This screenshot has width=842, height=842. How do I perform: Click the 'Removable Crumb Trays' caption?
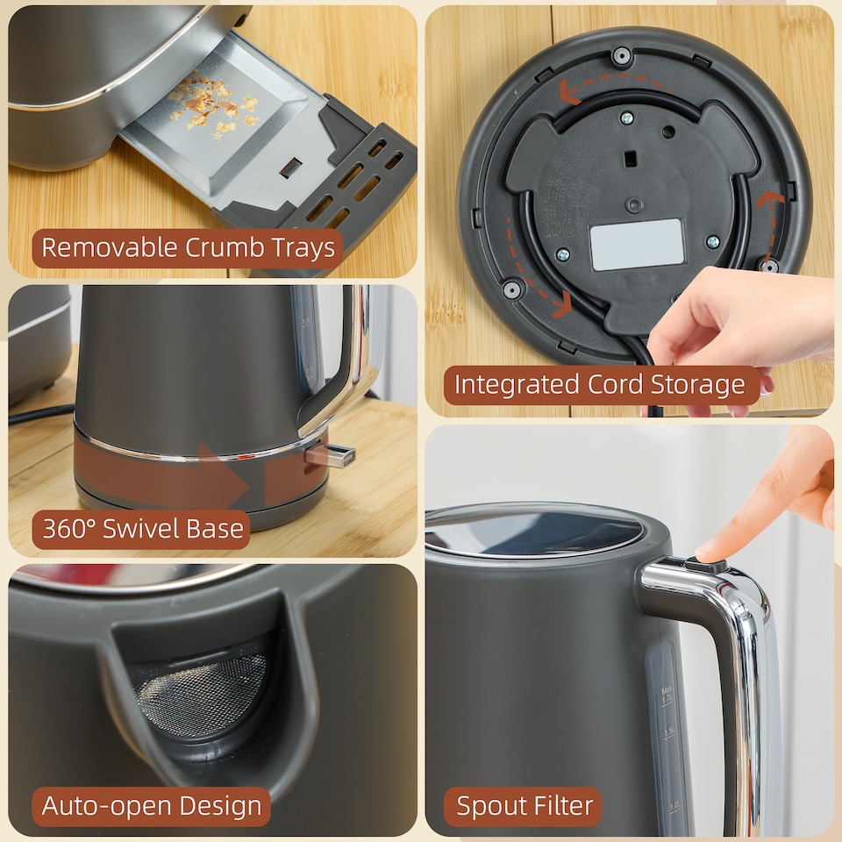click(x=188, y=248)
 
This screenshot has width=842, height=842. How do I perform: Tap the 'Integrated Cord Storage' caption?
click(x=600, y=385)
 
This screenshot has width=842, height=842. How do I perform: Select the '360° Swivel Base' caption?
click(x=142, y=529)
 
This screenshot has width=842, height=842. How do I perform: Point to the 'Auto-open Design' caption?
click(x=151, y=806)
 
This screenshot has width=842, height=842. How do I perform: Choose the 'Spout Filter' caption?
click(x=523, y=806)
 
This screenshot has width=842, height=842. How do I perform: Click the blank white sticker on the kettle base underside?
click(x=637, y=245)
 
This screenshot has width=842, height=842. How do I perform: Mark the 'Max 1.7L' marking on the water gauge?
click(x=667, y=696)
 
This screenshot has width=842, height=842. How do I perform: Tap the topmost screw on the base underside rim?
click(x=622, y=56)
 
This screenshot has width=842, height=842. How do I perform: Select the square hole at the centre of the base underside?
click(x=630, y=159)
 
